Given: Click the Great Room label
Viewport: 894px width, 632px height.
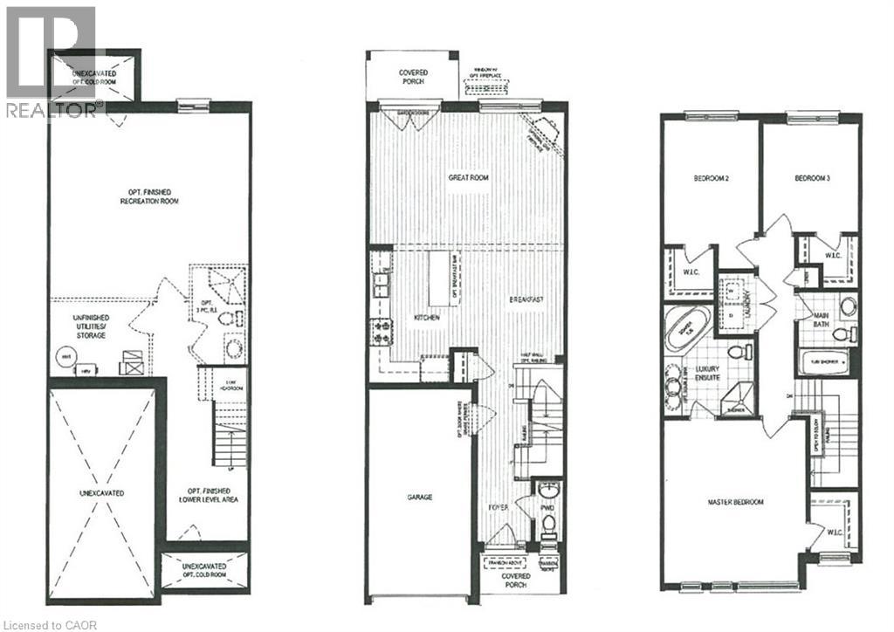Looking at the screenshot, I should point(468,177).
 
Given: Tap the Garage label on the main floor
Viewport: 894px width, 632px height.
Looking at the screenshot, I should point(420,497).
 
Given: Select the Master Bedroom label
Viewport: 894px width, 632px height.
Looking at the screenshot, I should point(735,503).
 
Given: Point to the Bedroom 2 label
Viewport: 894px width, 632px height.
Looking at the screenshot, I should point(711,178).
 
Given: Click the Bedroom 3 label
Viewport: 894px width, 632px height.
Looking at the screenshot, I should point(811,178).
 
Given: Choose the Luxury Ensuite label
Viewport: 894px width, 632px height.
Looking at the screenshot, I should point(698,374).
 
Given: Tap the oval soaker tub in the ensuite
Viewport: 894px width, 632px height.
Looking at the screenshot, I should point(686,329).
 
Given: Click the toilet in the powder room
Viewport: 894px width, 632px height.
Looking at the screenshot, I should point(548,525).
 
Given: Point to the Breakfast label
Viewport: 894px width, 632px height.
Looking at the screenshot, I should point(527,300).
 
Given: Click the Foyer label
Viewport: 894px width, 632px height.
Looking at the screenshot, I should point(499,506).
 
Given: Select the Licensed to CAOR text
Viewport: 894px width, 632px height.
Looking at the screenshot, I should point(45,623).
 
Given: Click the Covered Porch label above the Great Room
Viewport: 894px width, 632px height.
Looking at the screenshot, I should point(411,76).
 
